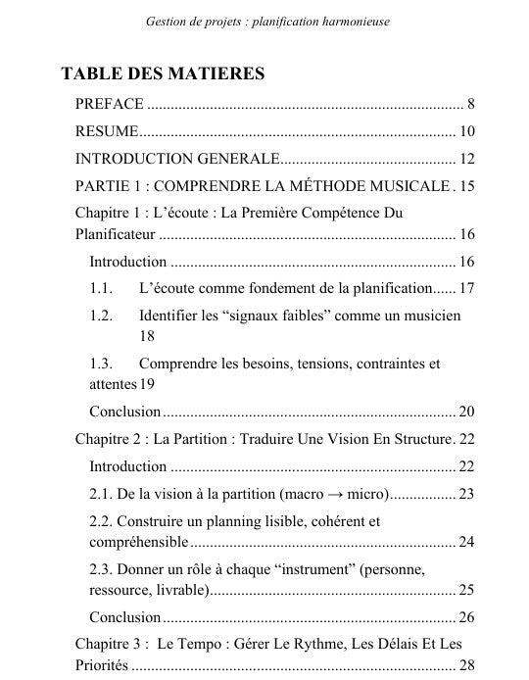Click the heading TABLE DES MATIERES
(162, 74)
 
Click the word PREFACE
(110, 104)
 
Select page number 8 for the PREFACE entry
(471, 104)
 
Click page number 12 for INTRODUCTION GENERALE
(466, 159)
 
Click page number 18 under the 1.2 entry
(149, 335)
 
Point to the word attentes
(113, 383)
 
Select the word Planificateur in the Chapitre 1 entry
(116, 233)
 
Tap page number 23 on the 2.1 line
(466, 493)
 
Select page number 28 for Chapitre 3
(466, 664)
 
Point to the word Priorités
(102, 664)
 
